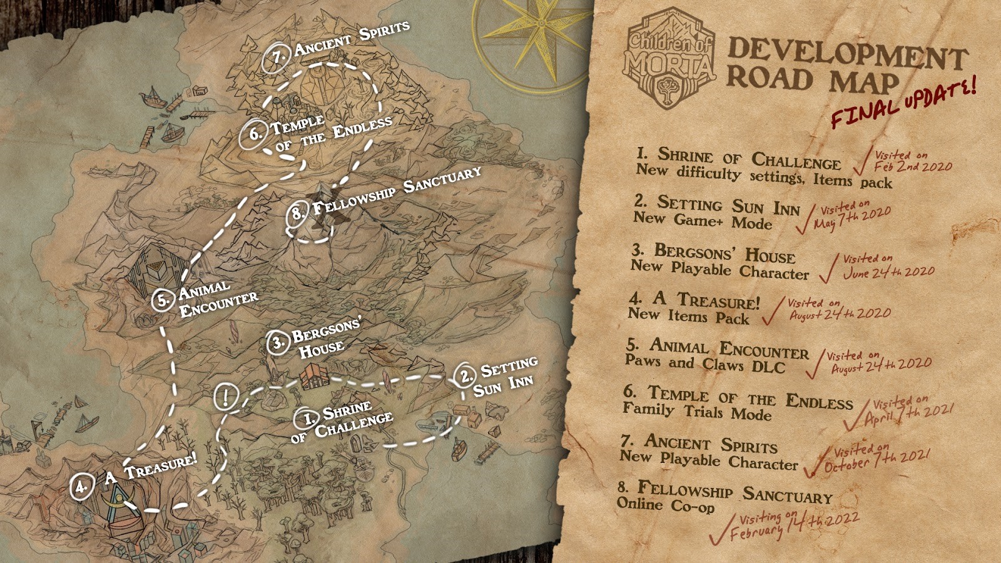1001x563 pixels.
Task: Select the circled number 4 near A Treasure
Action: point(82,486)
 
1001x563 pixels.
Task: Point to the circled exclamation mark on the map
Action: point(225,397)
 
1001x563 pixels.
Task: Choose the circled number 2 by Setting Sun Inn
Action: point(465,375)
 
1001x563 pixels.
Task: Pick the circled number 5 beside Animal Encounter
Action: point(163,300)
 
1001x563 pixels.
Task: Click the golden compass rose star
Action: point(532,31)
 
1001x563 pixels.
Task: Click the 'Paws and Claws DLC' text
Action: point(704,364)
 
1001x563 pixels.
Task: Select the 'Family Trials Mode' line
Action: point(697,412)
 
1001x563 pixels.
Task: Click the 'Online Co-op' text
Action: point(665,505)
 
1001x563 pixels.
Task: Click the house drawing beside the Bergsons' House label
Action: point(315,377)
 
